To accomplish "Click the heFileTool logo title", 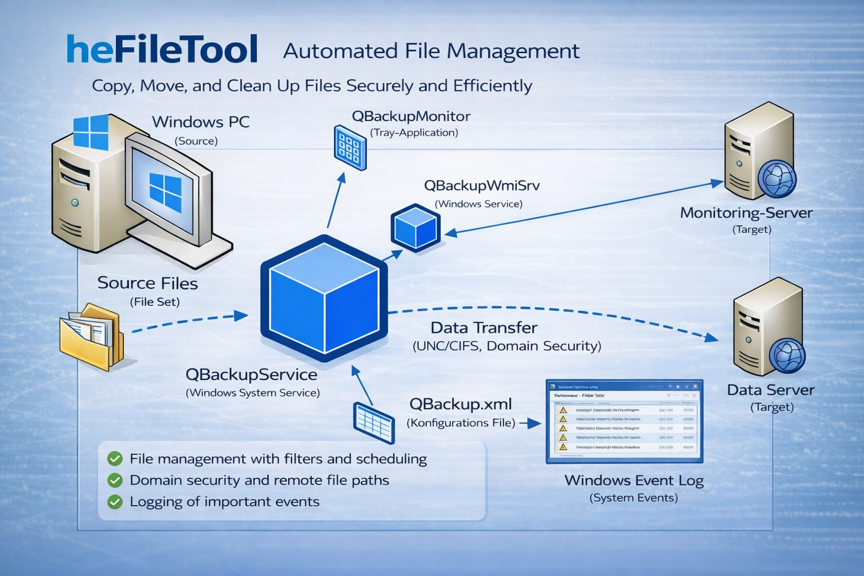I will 162,49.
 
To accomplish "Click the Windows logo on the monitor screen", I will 165,192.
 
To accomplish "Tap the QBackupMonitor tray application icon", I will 350,147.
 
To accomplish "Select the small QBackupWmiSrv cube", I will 416,228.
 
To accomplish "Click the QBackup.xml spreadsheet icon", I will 373,422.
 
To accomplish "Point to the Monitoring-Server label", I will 746,213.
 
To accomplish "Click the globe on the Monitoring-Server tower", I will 777,179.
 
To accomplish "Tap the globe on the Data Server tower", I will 787,355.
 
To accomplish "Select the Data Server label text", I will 770,390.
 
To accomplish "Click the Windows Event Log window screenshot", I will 624,421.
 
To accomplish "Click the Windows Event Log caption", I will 634,480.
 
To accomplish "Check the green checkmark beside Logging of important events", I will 115,502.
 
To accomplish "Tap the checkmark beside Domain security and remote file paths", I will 115,480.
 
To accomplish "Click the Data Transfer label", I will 484,328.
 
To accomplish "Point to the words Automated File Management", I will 431,51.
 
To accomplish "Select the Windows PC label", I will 201,122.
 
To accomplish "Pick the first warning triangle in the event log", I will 562,410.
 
